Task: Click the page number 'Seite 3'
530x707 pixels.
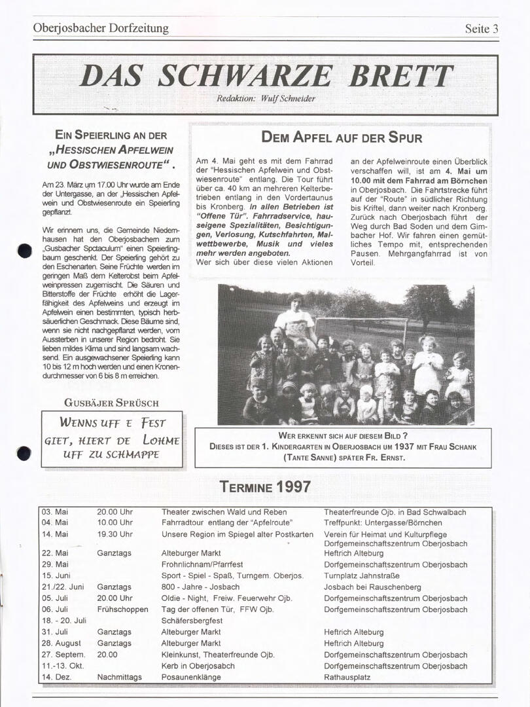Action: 482,29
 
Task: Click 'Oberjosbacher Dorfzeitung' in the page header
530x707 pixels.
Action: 101,28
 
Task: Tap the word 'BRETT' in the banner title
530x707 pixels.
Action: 400,77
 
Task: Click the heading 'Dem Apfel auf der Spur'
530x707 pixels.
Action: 342,137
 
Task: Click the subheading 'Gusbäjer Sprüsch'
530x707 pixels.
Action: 111,403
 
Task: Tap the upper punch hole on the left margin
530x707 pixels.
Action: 25,251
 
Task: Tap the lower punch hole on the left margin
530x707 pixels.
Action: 24,452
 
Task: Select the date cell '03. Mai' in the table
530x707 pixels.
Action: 55,512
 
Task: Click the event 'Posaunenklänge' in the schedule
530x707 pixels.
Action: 190,677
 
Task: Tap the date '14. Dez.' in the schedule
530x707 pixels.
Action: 56,677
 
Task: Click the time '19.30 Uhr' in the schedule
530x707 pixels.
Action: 115,534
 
